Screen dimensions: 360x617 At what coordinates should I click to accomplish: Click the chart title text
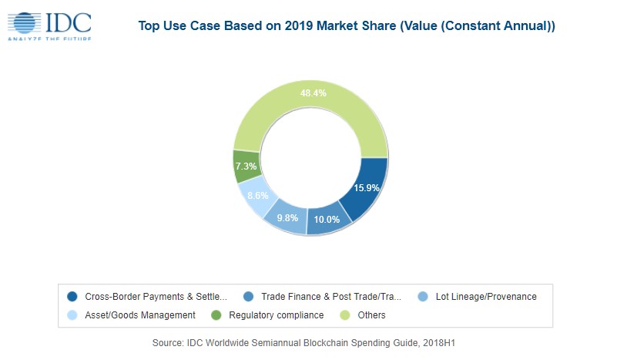click(x=346, y=26)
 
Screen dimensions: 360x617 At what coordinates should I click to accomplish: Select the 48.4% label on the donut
click(x=313, y=93)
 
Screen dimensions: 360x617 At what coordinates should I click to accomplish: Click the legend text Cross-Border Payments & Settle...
click(x=156, y=296)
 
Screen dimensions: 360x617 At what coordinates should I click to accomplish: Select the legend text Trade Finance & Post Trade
click(x=331, y=296)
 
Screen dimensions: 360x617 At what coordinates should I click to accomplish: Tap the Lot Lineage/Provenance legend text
click(x=485, y=296)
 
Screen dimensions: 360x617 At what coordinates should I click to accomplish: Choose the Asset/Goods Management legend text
click(x=140, y=315)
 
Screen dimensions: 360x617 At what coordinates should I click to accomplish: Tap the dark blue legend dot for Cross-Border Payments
click(x=72, y=296)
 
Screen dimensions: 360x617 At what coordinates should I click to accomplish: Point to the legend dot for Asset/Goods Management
click(x=72, y=315)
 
